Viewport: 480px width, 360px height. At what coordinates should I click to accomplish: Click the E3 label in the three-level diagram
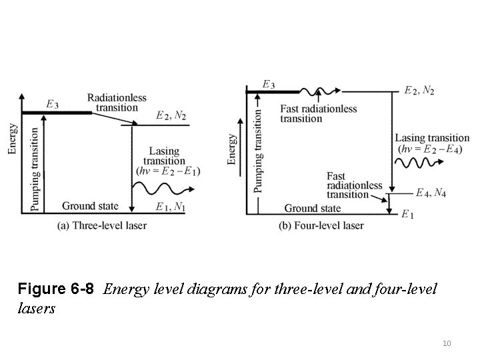[x=53, y=104]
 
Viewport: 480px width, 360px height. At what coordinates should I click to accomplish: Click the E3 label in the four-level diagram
[x=268, y=85]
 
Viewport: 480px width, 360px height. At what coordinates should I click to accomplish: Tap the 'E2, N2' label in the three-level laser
[x=170, y=116]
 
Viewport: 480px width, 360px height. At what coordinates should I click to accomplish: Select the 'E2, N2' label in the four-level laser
[x=420, y=91]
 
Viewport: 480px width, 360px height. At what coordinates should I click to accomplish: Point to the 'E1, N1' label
[x=171, y=207]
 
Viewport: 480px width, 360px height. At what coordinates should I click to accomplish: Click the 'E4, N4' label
[x=431, y=193]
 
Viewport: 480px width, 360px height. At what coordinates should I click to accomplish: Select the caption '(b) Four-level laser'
[x=321, y=226]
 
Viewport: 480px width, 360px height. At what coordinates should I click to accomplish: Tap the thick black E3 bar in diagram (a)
[x=57, y=113]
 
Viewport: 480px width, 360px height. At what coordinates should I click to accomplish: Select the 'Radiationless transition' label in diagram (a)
[x=117, y=103]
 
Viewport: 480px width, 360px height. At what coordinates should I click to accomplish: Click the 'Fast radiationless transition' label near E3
[x=319, y=114]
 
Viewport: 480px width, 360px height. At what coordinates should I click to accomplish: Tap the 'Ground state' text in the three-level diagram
[x=89, y=206]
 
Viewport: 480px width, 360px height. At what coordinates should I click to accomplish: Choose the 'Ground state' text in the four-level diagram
[x=312, y=209]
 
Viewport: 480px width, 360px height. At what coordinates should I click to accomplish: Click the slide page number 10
[x=447, y=343]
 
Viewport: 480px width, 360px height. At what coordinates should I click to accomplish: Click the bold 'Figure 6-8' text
[x=57, y=290]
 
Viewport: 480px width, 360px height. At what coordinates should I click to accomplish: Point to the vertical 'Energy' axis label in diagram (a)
[x=13, y=137]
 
